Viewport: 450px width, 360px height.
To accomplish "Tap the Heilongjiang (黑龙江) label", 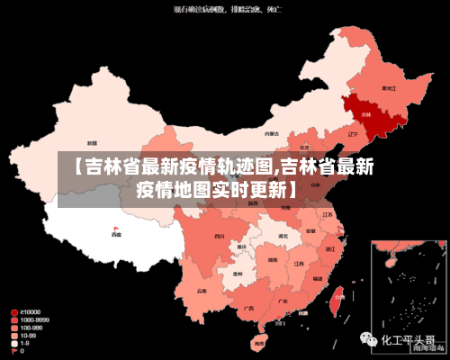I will click(x=389, y=88).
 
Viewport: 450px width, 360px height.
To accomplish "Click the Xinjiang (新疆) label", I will click(x=93, y=142).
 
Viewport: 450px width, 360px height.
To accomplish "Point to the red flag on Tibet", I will click(x=114, y=228).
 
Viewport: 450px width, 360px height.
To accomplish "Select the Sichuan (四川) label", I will click(x=219, y=236).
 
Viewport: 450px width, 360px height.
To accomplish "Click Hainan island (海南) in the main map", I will click(x=260, y=342).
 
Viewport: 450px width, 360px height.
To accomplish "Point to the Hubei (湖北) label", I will click(x=283, y=236).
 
